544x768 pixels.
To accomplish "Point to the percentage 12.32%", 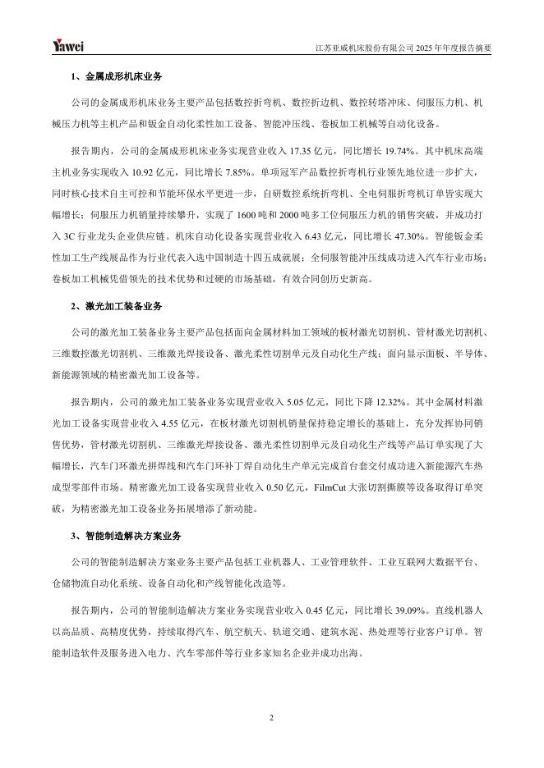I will click(376, 401).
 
